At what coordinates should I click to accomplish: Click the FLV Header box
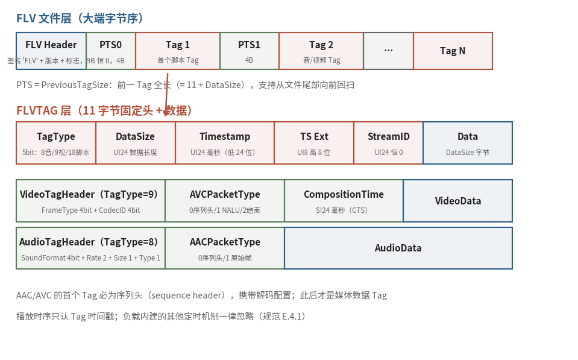click(51, 51)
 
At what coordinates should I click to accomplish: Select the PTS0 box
click(111, 51)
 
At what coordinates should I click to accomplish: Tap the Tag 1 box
click(178, 51)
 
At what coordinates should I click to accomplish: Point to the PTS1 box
click(250, 51)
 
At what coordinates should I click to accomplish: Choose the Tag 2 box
click(321, 51)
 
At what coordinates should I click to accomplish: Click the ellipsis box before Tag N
click(389, 51)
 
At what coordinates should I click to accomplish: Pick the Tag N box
click(453, 51)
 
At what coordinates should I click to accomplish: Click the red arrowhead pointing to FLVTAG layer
click(166, 112)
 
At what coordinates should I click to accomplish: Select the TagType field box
click(56, 143)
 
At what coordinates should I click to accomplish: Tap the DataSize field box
click(136, 143)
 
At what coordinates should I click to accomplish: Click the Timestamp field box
click(225, 143)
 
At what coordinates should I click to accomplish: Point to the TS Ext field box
click(314, 143)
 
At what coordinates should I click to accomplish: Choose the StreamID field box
click(389, 143)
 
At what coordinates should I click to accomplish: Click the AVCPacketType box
click(225, 201)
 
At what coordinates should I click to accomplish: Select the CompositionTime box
click(344, 201)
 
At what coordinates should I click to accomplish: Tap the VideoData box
click(458, 201)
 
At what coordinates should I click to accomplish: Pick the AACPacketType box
click(225, 248)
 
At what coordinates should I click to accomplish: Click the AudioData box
click(398, 248)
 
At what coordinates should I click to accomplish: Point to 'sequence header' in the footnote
click(187, 295)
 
